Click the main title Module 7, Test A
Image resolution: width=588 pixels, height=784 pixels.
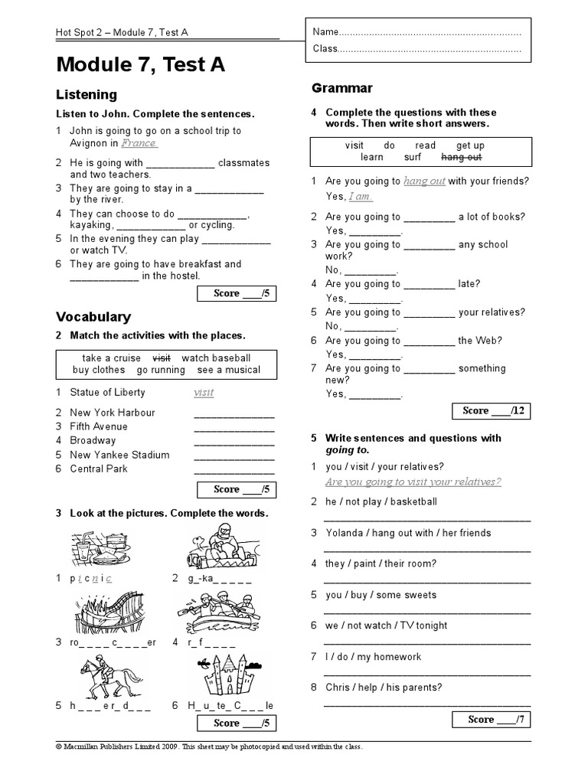pos(140,66)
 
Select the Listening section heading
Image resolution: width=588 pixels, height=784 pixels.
pos(87,95)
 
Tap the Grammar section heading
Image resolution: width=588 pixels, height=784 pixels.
pos(341,88)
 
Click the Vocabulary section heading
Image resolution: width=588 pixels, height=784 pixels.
pos(93,317)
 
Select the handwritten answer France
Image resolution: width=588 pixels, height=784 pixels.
pos(139,143)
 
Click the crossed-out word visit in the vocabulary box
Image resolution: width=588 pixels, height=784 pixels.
pos(162,358)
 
